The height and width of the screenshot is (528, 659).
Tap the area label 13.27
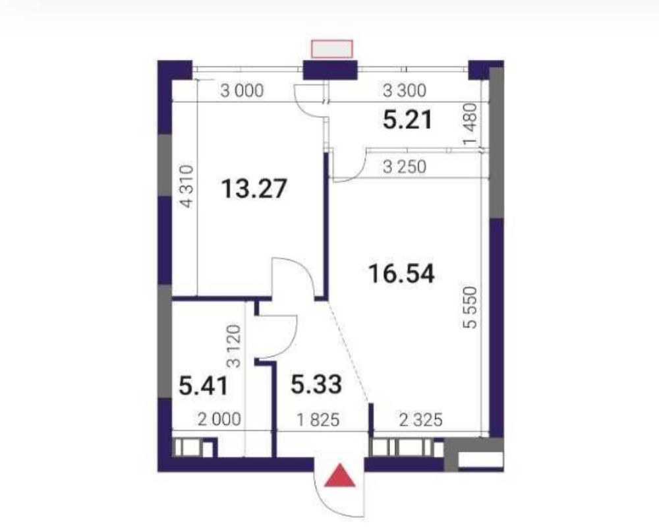tap(254, 189)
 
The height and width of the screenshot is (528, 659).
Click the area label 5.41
tap(203, 386)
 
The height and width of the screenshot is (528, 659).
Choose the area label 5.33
tap(316, 384)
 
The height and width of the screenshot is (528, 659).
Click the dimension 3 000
tap(242, 91)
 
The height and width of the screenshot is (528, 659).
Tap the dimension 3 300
tap(405, 90)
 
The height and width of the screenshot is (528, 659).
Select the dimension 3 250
tap(405, 167)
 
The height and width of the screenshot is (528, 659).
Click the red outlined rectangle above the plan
tap(332, 49)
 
